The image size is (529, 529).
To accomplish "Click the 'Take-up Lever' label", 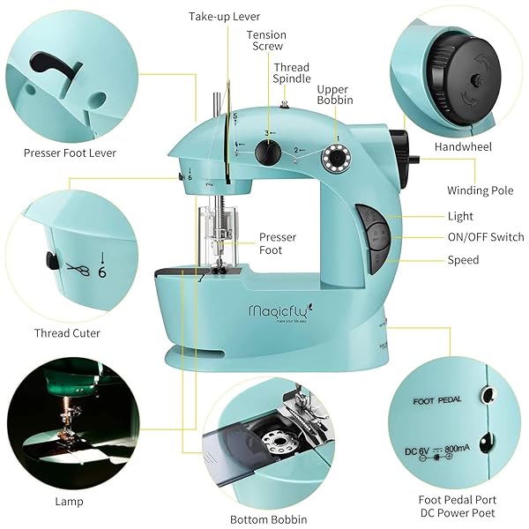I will point(224,17).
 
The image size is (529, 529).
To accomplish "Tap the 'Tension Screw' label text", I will point(266,41).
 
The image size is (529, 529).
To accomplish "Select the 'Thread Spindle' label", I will point(291,73).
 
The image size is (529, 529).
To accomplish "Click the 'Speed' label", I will point(463,260).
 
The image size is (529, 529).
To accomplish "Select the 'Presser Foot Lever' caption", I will point(70,153).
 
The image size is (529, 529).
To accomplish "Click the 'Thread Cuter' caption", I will point(67,333).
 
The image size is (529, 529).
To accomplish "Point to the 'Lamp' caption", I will point(69,502).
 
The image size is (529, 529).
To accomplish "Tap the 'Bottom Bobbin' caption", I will point(268,520).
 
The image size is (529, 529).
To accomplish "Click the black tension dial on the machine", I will point(267,153).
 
